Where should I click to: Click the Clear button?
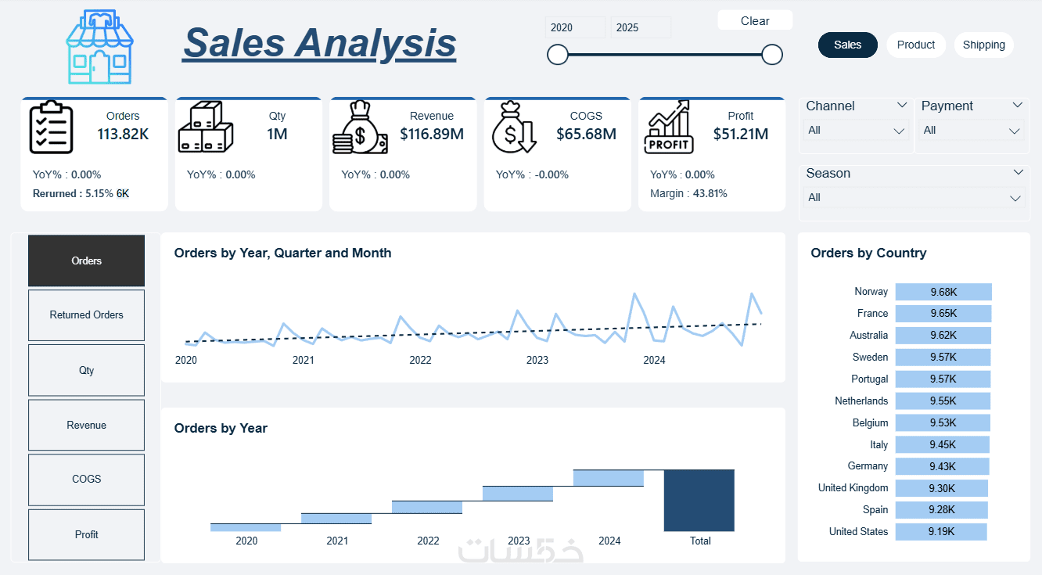[x=755, y=20]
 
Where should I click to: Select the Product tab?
[x=915, y=45]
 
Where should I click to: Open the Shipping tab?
[x=983, y=45]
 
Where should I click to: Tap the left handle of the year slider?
[x=557, y=55]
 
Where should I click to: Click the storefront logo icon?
[x=99, y=46]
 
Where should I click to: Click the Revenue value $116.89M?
[x=432, y=134]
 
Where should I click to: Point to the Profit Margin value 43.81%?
[x=710, y=193]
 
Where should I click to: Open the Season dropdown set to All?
[x=914, y=197]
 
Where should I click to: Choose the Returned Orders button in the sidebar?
[x=87, y=315]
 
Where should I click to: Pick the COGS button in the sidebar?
[x=87, y=479]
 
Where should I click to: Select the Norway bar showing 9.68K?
[x=943, y=292]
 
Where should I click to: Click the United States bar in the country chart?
[x=941, y=532]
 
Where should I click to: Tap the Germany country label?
[x=868, y=465]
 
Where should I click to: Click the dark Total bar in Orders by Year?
[x=699, y=500]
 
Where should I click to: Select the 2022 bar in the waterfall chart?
[x=427, y=507]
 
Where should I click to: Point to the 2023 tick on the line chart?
[x=537, y=360]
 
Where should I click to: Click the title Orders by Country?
[x=868, y=253]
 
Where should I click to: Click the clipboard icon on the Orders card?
[x=51, y=127]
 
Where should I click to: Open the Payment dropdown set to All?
[x=972, y=131]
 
